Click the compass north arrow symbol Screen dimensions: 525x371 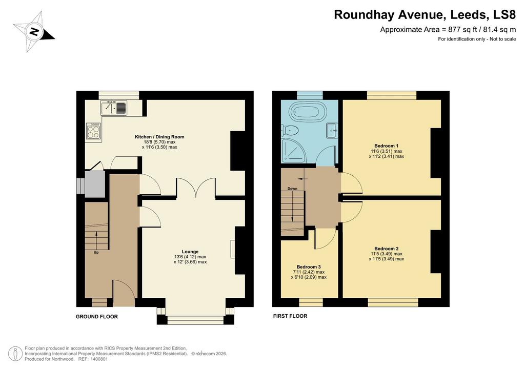(34, 32)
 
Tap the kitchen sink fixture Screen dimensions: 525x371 (114, 108)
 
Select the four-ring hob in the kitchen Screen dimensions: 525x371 (93, 131)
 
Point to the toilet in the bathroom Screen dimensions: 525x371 (290, 130)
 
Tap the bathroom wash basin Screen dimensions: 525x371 (332, 131)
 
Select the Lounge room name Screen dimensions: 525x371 (190, 252)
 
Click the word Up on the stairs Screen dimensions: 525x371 (96, 253)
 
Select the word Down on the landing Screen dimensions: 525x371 (292, 189)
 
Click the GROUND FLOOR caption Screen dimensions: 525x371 (97, 317)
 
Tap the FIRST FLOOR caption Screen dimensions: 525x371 (290, 316)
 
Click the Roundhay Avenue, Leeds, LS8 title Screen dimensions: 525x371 (425, 15)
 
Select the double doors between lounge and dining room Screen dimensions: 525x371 (196, 188)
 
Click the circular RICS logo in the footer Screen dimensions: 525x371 (15, 354)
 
